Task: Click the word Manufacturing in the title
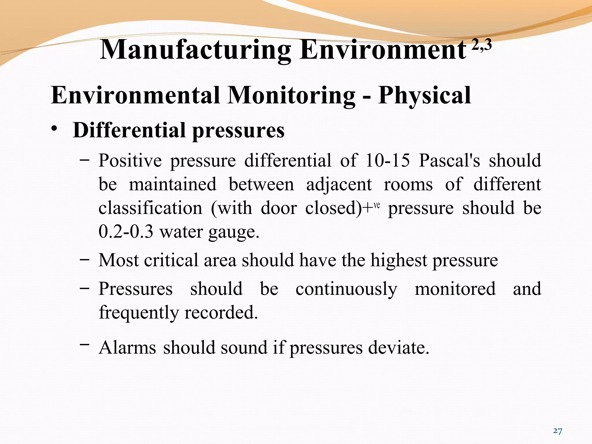click(x=195, y=50)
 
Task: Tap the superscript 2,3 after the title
click(x=482, y=46)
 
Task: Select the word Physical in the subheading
click(x=424, y=95)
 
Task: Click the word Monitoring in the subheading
click(x=291, y=96)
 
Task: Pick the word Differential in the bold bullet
click(x=129, y=130)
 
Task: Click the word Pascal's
click(x=449, y=160)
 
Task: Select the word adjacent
click(x=339, y=185)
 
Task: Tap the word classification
click(x=150, y=208)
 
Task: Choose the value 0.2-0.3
click(x=126, y=232)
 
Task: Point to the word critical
click(x=171, y=260)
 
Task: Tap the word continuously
click(x=346, y=289)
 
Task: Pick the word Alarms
click(x=127, y=347)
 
